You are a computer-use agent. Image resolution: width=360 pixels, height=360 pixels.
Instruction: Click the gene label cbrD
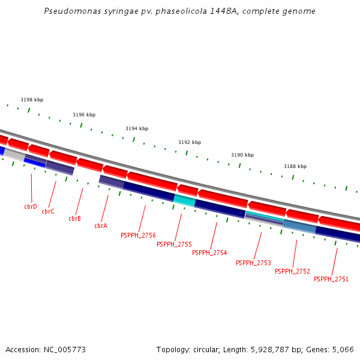pos(31,206)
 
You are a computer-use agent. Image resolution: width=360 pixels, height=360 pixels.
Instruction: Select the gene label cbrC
pos(48,211)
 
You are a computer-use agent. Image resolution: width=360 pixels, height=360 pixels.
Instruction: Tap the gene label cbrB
pos(74,219)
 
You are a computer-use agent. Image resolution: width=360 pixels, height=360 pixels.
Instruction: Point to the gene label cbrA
pos(101,226)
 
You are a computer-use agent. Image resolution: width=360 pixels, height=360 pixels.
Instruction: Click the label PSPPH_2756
pos(138,235)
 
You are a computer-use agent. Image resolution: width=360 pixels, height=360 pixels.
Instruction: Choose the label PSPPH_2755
pos(174,244)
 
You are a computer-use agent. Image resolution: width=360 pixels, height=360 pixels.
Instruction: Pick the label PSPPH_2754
pos(209,253)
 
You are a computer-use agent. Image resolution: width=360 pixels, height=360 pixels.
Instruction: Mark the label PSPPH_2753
pos(253,263)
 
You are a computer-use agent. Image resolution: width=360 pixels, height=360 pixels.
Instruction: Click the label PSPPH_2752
pos(292,271)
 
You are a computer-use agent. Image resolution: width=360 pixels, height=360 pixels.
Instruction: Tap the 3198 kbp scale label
pos(32,100)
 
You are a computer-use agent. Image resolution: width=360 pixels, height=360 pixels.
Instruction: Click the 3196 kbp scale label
pos(84,115)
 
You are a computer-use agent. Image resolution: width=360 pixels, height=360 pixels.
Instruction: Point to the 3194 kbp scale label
pos(137,128)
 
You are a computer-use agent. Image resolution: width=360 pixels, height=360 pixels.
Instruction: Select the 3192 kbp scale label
pos(190,142)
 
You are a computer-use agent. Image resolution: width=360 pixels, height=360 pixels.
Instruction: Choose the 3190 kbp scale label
pos(242,155)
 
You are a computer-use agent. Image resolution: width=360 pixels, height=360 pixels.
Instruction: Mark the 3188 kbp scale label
pos(295,166)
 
